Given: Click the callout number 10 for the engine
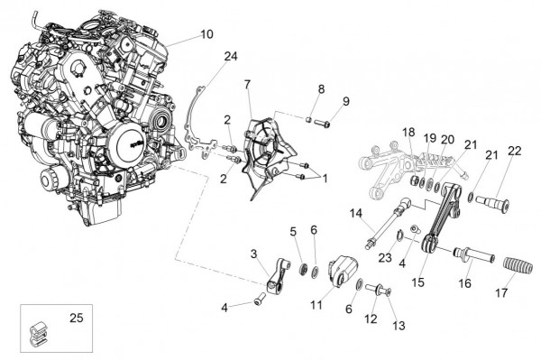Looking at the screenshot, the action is click(206, 34).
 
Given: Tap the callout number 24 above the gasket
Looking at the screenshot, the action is click(231, 56).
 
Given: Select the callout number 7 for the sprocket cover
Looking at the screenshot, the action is click(247, 84).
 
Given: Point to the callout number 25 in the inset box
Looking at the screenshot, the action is click(77, 318).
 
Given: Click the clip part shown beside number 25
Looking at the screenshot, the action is click(37, 334).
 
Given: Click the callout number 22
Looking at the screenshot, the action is click(514, 152).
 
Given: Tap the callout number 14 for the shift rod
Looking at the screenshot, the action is click(356, 213).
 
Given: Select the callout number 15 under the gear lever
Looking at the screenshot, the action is click(417, 282).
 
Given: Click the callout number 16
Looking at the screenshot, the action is click(464, 283).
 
